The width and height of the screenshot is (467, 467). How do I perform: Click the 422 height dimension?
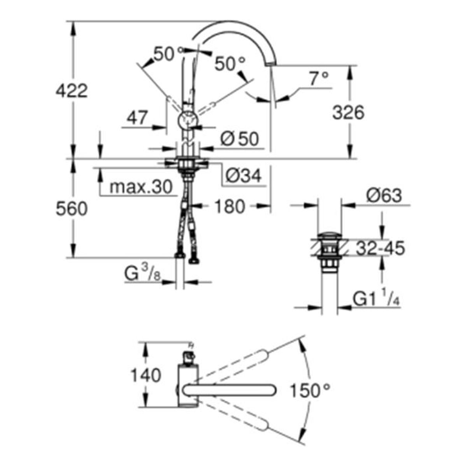pyautogui.click(x=72, y=91)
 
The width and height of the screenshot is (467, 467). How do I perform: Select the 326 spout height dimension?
pyautogui.click(x=348, y=113)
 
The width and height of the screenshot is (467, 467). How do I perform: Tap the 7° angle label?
pyautogui.click(x=319, y=78)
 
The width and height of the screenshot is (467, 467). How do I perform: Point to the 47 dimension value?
pyautogui.click(x=137, y=118)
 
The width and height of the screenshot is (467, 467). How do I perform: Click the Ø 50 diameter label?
pyautogui.click(x=240, y=139)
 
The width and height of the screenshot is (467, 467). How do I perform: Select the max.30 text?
pyautogui.click(x=141, y=187)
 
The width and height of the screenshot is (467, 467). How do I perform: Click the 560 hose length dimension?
pyautogui.click(x=72, y=209)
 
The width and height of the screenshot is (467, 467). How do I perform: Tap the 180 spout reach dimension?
pyautogui.click(x=230, y=207)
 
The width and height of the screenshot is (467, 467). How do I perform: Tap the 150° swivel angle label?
pyautogui.click(x=310, y=391)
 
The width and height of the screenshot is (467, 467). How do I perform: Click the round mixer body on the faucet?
pyautogui.click(x=188, y=120)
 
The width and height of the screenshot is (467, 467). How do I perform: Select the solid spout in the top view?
pyautogui.click(x=229, y=391)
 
